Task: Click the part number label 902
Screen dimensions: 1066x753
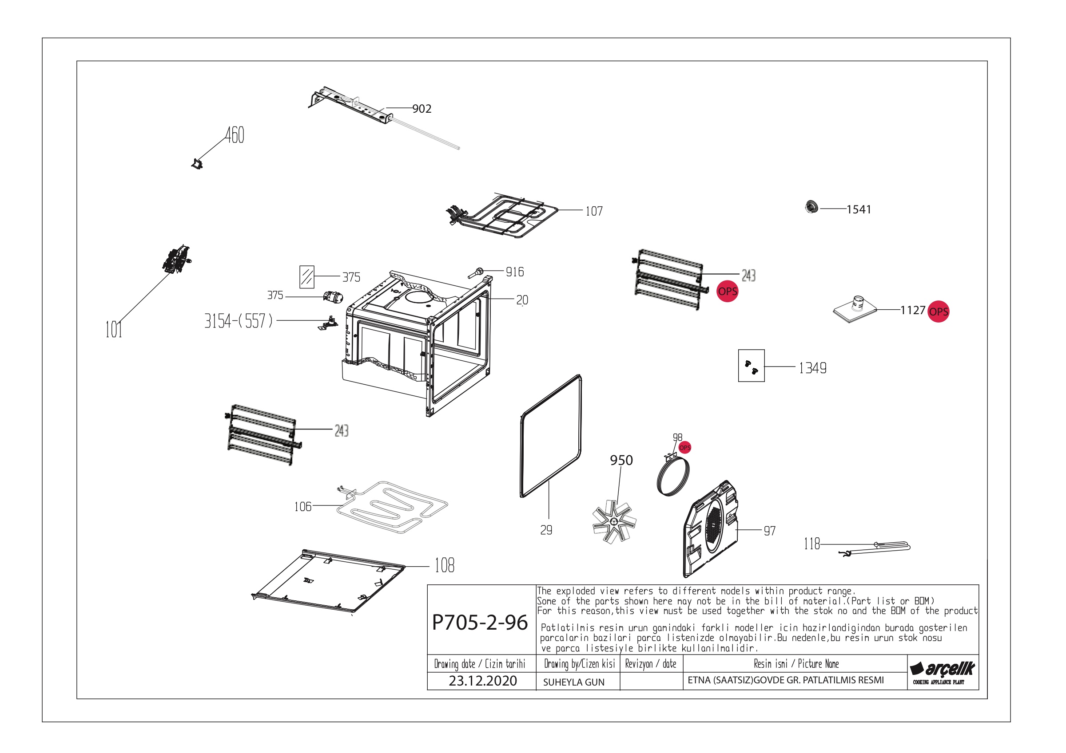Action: click(422, 109)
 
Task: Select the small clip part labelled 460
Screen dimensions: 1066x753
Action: click(197, 163)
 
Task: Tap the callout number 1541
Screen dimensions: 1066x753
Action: click(859, 209)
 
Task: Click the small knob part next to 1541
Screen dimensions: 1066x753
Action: click(811, 207)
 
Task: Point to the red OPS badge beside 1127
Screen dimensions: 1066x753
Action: click(939, 311)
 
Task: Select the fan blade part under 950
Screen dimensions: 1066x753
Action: click(614, 521)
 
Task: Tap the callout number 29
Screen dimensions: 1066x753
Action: click(546, 530)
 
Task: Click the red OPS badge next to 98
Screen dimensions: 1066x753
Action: click(685, 448)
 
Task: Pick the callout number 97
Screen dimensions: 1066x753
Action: click(769, 531)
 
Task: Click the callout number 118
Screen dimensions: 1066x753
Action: click(811, 543)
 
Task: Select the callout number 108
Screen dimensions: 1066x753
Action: click(444, 565)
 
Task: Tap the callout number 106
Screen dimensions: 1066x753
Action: click(303, 506)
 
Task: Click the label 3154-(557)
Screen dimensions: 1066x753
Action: click(239, 321)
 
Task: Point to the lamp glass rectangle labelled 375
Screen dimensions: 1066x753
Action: click(307, 277)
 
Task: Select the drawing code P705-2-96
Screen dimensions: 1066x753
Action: click(480, 622)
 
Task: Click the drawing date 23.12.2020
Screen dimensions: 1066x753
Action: click(482, 681)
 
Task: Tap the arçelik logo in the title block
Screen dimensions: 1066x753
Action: click(942, 672)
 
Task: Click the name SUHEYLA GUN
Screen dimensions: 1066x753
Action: click(573, 682)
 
